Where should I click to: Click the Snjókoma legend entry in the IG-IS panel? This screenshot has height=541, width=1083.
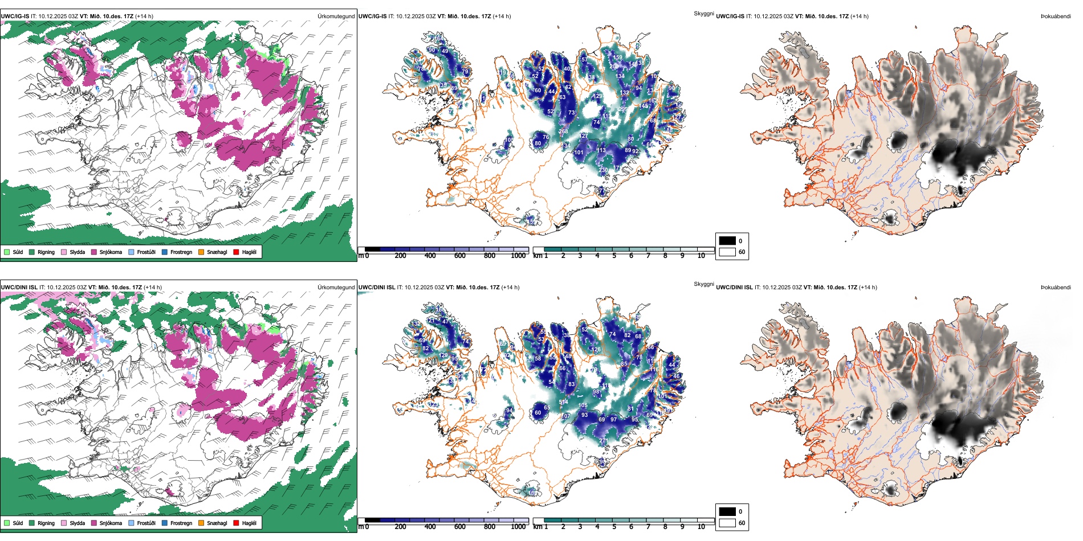pos(110,252)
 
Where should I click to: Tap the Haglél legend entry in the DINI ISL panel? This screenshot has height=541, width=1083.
pos(249,523)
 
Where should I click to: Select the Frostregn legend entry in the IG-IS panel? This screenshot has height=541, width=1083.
pos(181,252)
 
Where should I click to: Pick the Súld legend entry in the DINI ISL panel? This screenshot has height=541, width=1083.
pos(17,523)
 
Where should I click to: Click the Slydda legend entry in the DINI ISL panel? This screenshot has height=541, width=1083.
pos(77,523)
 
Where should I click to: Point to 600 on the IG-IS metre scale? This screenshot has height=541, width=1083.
pos(460,256)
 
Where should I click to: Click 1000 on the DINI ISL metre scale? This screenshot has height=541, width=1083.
pos(518,527)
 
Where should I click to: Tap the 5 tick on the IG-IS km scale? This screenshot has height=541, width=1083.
pos(614,256)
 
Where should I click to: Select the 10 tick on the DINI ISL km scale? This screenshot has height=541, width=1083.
pos(701,527)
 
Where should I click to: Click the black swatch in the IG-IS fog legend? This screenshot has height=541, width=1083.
pos(727,241)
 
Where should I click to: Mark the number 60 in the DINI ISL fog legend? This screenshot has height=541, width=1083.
pos(742,523)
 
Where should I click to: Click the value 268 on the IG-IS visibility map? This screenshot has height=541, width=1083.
pos(563,132)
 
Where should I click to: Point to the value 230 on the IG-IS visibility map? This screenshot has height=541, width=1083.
pos(604,170)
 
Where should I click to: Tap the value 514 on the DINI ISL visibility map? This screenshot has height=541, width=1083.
pos(563,403)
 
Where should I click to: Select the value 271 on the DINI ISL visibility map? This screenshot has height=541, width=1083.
pos(604,441)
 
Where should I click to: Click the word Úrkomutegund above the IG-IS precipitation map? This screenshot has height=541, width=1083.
pos(336,17)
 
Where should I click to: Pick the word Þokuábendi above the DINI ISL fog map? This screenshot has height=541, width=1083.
pos(1056,288)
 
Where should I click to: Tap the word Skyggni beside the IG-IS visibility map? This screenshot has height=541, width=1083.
pos(703,14)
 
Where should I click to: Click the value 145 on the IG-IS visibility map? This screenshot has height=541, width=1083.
pos(645,106)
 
